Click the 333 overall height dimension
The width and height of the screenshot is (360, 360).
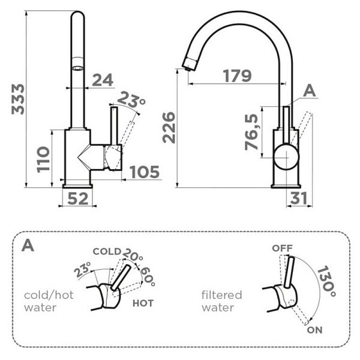[x=18, y=99]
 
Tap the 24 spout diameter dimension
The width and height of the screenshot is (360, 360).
[x=103, y=80]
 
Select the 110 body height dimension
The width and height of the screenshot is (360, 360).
[x=43, y=160]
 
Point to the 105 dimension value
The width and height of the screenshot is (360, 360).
[x=145, y=172]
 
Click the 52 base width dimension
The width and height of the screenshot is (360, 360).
[x=78, y=199]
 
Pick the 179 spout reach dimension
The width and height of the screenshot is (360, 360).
[x=238, y=76]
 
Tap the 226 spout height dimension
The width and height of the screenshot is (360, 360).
[x=169, y=128]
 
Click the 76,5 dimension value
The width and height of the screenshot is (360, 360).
[x=251, y=132]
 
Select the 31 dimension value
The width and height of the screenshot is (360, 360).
[x=298, y=199]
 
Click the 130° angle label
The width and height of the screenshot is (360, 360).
[x=326, y=281]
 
